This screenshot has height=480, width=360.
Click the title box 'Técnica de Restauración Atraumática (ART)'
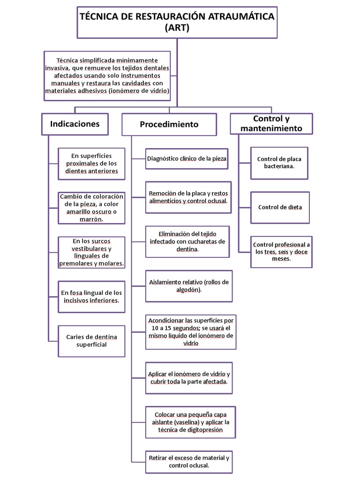click(177, 22)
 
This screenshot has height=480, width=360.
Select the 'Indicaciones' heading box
click(75, 124)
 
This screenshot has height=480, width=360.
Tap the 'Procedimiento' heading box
click(169, 124)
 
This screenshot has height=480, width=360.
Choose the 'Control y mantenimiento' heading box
click(271, 124)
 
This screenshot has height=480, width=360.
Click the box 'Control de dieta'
click(280, 207)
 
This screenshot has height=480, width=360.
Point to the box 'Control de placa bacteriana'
click(279, 163)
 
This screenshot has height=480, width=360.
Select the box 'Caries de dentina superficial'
click(92, 341)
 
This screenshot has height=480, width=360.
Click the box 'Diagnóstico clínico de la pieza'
click(187, 159)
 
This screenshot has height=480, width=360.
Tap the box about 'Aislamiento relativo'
click(189, 286)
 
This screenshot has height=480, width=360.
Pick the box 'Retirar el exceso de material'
click(189, 461)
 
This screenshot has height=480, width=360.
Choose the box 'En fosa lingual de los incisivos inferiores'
click(91, 296)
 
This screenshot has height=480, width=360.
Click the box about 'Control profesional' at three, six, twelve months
click(281, 252)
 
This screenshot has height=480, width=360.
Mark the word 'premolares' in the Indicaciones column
click(76, 263)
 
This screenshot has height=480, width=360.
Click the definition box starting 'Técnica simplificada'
click(107, 75)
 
